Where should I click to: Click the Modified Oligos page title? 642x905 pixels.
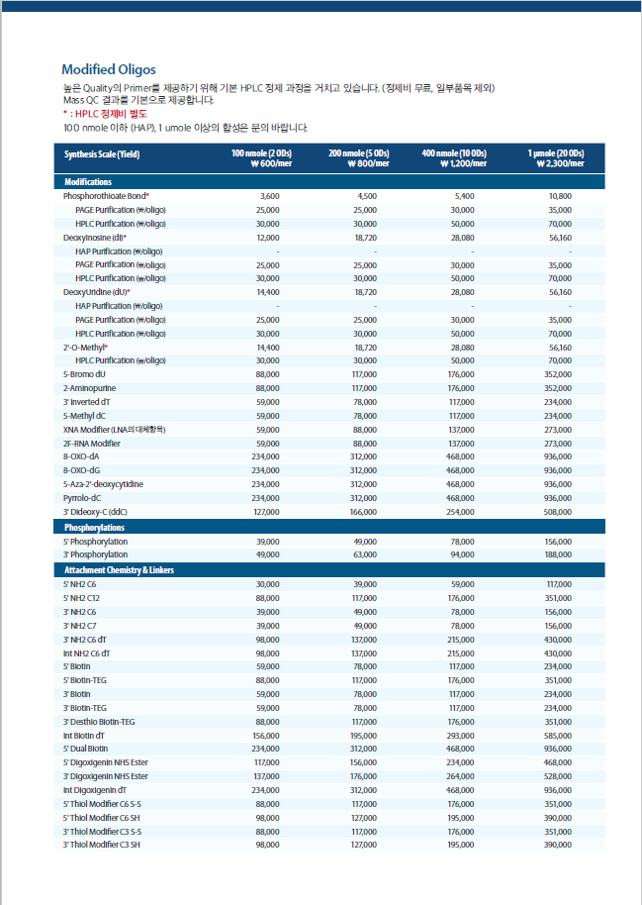pyautogui.click(x=109, y=70)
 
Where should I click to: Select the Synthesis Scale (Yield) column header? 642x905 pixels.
pyautogui.click(x=102, y=154)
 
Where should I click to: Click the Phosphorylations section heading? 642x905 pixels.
pyautogui.click(x=94, y=528)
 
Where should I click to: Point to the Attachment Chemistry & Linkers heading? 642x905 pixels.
pyautogui.click(x=119, y=570)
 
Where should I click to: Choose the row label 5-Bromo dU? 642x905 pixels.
pyautogui.click(x=84, y=374)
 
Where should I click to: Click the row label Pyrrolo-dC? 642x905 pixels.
pyautogui.click(x=82, y=498)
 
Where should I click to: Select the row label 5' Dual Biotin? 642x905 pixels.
pyautogui.click(x=85, y=749)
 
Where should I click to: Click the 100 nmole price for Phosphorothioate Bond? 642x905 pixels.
pyautogui.click(x=270, y=196)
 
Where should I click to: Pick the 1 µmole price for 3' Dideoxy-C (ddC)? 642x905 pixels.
pyautogui.click(x=558, y=512)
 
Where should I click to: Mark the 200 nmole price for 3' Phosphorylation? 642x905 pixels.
pyautogui.click(x=365, y=554)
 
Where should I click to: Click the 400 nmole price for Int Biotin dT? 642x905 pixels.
pyautogui.click(x=460, y=736)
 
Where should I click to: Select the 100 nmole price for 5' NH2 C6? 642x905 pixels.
pyautogui.click(x=268, y=584)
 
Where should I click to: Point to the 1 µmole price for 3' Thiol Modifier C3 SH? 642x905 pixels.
pyautogui.click(x=558, y=845)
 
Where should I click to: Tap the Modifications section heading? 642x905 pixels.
pyautogui.click(x=88, y=182)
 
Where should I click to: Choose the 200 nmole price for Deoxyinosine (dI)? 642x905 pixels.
pyautogui.click(x=366, y=238)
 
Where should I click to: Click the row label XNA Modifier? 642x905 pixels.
pyautogui.click(x=114, y=430)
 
